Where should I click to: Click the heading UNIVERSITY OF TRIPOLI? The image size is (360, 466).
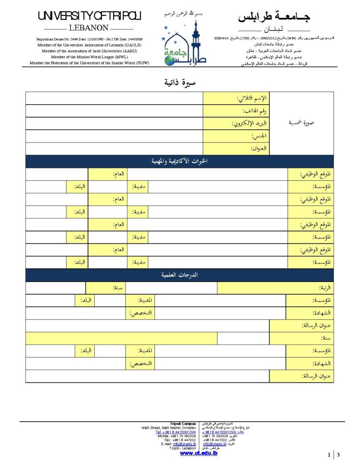(90, 16)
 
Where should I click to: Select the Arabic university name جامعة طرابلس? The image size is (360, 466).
(274, 18)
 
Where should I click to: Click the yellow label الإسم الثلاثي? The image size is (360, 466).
(236, 98)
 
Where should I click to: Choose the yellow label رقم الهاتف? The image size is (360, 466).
(236, 111)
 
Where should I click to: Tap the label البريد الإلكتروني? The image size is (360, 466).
(236, 123)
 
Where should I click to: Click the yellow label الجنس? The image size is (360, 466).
(236, 136)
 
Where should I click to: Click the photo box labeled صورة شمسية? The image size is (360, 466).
(301, 123)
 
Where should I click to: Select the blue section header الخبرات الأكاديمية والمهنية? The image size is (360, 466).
(179, 162)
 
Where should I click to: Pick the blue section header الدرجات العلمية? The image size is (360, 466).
(179, 275)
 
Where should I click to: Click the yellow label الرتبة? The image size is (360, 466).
(275, 288)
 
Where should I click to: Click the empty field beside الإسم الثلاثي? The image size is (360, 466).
(114, 98)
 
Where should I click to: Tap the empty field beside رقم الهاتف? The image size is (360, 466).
(114, 111)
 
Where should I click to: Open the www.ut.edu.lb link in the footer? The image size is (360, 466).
(198, 453)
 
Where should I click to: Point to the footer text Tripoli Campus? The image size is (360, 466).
(183, 424)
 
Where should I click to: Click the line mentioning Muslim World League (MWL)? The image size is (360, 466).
(90, 57)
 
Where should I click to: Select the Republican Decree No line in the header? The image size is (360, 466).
(90, 39)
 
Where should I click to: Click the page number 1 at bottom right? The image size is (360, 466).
(329, 455)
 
